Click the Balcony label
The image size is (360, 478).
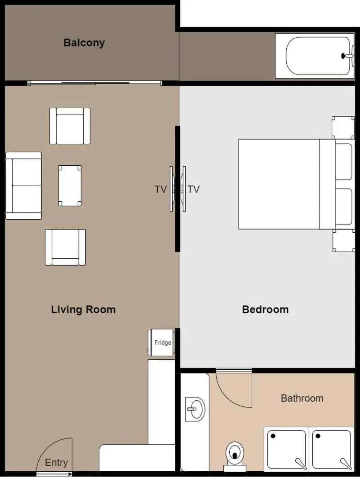click(84, 43)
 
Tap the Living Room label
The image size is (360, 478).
click(83, 310)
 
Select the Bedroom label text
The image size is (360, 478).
click(265, 310)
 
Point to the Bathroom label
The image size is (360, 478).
click(302, 398)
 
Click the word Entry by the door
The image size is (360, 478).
click(57, 462)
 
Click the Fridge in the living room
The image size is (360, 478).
click(162, 343)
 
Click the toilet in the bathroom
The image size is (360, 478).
click(235, 453)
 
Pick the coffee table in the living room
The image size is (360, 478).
click(70, 186)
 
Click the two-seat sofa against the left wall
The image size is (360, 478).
click(24, 186)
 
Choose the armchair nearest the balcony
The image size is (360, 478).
click(70, 126)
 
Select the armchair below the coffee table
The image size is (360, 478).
click(65, 247)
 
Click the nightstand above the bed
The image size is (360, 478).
click(343, 128)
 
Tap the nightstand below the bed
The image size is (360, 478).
click(343, 240)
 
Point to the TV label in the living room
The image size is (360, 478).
click(160, 189)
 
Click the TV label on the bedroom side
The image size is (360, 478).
click(194, 189)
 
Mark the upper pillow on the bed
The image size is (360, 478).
click(344, 161)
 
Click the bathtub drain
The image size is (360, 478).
click(343, 56)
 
